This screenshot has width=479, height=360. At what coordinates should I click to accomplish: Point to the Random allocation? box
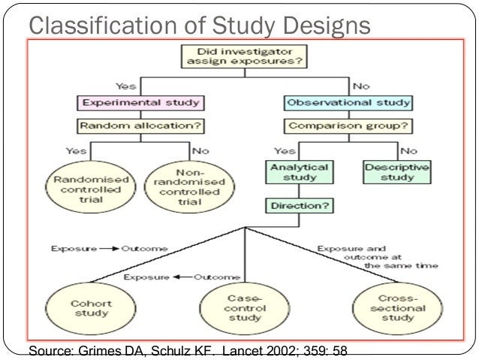[140, 126]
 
